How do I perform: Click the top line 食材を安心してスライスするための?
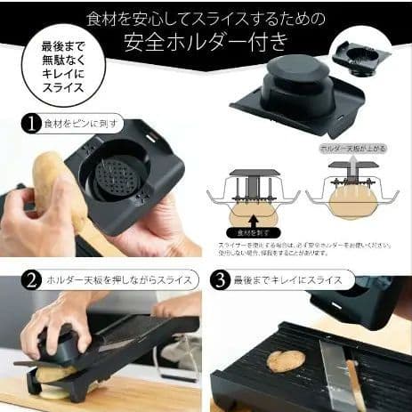206,17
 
